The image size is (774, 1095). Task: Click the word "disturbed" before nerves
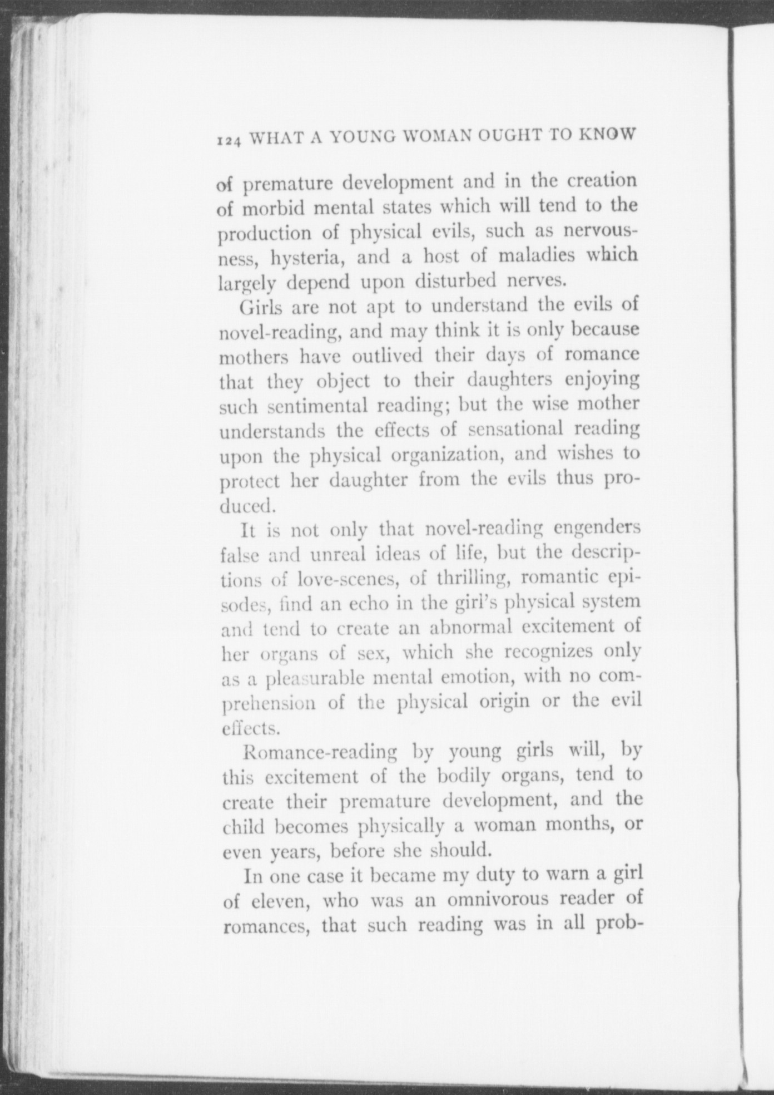(x=455, y=282)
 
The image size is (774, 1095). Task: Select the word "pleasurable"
(x=315, y=679)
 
